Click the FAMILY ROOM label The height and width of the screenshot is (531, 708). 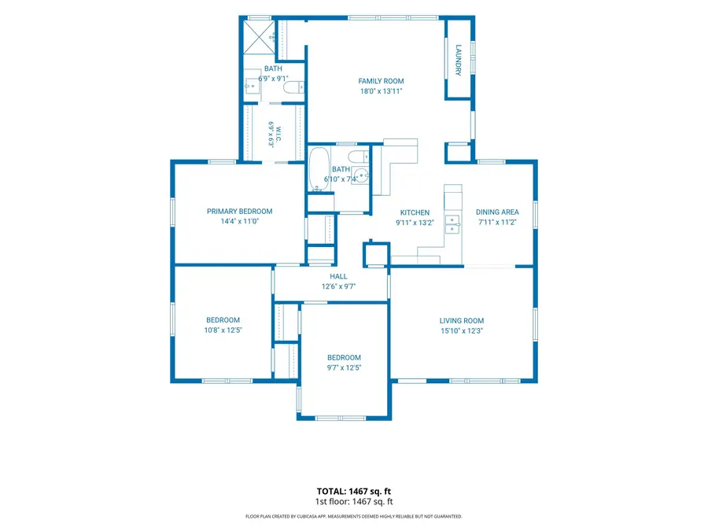[x=381, y=81]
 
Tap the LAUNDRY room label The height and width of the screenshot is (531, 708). [x=459, y=60]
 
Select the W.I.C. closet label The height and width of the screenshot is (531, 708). [x=278, y=134]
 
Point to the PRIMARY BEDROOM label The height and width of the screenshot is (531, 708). [x=239, y=212]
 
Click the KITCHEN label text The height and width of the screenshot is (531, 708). [x=415, y=212]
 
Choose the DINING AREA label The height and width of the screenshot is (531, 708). [x=497, y=212]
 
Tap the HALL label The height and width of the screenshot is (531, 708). [x=338, y=276]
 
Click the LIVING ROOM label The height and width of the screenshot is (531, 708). [x=462, y=321]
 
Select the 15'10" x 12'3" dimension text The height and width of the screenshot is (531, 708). [x=462, y=331]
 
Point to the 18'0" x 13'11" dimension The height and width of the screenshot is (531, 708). [x=381, y=91]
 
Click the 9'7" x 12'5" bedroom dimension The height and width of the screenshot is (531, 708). [x=344, y=367]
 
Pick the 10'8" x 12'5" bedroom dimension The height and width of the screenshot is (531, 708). [x=223, y=330]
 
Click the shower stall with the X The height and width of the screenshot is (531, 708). [x=259, y=37]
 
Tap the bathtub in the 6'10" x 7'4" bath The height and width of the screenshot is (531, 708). [x=319, y=169]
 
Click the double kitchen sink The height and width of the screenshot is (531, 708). [x=452, y=224]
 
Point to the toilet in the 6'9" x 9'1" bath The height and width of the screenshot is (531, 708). [x=293, y=87]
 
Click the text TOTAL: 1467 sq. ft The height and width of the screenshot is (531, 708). [x=353, y=491]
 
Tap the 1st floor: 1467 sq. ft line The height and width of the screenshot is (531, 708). [x=353, y=501]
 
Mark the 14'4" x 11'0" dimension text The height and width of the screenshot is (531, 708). [x=239, y=221]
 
